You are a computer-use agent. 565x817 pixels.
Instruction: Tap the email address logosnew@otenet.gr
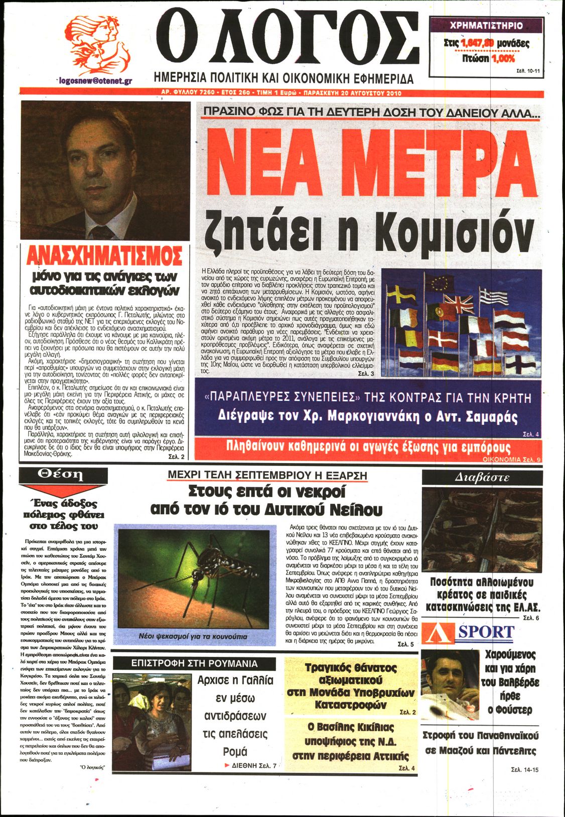(x=94, y=80)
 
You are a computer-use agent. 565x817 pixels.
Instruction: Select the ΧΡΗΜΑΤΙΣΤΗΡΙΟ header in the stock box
(x=486, y=26)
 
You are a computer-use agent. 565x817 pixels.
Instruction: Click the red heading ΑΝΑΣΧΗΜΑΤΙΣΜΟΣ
(x=104, y=256)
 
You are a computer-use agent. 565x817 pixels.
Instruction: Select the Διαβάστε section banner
(x=482, y=477)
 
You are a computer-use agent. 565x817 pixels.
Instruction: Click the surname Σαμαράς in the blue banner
(x=490, y=416)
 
